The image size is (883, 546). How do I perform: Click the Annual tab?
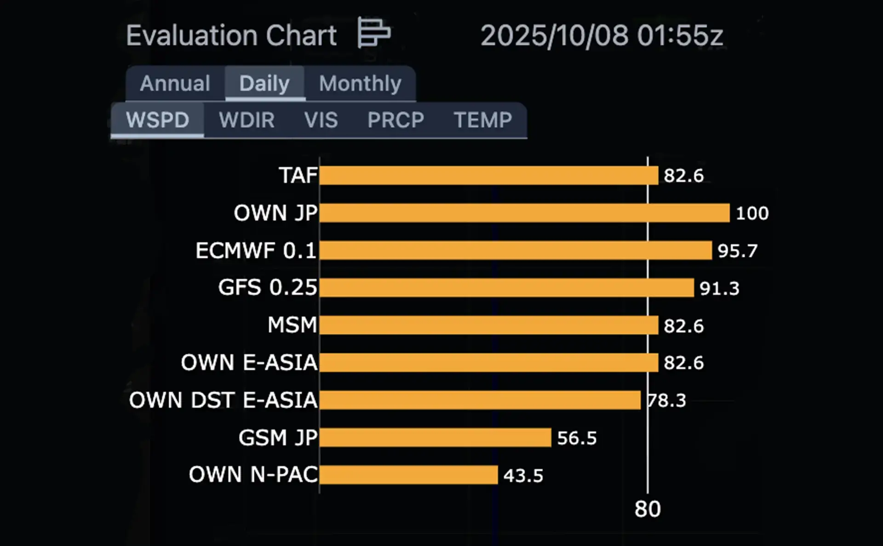point(175,84)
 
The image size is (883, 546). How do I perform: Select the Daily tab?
point(264,84)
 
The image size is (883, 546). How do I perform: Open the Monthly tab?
point(360,84)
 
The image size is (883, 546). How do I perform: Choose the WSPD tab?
point(157,120)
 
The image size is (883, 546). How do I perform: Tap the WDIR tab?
point(247,120)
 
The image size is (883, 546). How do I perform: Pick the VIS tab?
point(321,120)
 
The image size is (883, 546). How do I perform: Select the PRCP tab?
point(396,120)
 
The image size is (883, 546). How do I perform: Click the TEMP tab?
point(482,120)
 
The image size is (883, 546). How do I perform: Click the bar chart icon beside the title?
point(374,33)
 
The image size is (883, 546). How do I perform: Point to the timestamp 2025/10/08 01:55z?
point(602,35)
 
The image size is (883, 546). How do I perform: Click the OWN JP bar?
point(524,213)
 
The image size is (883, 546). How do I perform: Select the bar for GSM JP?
point(435,438)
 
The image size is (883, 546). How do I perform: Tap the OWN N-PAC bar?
point(408,475)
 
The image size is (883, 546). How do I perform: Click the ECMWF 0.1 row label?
point(256,250)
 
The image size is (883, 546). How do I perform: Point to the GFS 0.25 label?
point(268,288)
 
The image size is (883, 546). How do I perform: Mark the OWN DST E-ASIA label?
point(224,400)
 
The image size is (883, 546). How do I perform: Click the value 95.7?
point(737,251)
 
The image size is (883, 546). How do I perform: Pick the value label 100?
point(752,213)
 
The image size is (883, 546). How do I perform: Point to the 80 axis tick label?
point(648,509)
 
